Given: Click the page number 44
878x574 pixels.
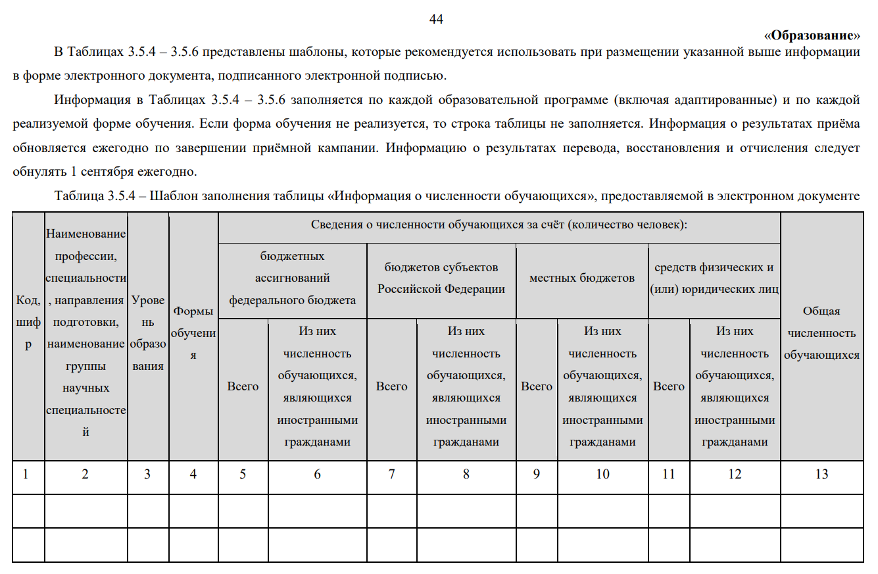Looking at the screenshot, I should pos(436,19).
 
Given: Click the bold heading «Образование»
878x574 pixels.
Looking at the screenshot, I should pos(812,35).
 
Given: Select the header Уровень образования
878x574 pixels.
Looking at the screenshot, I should pos(148,333).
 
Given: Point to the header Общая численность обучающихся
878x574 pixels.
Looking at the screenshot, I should pos(821,333).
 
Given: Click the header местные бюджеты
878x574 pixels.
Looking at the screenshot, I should pos(582,278).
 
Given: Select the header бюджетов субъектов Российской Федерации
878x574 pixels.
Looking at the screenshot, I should pos(441,278).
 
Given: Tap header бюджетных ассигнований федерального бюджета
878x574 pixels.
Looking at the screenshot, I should pos(293,278).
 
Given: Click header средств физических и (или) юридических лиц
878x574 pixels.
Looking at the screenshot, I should pos(714,278).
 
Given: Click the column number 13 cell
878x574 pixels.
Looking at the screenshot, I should pos(821,474).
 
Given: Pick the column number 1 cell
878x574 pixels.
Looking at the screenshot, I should pos(25,474).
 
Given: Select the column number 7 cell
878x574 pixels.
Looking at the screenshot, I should pos(392,474).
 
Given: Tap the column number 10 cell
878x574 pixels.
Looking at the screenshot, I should pos(602,474).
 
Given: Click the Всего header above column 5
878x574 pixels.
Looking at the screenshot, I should pos(243,386).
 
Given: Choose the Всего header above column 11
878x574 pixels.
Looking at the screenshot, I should pos(669,386).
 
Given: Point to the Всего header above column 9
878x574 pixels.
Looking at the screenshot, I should pos(537,386).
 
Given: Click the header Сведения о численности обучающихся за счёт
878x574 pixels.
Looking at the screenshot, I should pos(499,225).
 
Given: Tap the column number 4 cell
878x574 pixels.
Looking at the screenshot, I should pos(193,474).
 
